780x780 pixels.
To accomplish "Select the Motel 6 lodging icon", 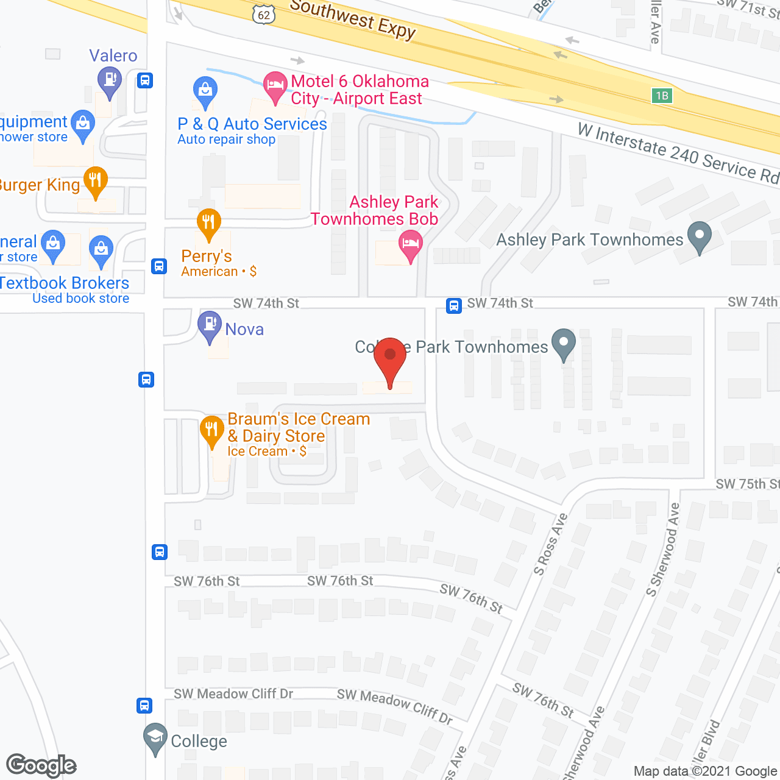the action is [275, 86].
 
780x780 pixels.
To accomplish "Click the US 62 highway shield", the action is [263, 15].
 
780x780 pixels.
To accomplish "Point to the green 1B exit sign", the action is [662, 95].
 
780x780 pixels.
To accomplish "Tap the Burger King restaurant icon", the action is [95, 181].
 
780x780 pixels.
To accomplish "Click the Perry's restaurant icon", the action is [208, 223].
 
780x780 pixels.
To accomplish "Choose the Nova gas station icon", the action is [210, 325].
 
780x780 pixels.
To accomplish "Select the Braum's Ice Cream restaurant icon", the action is [211, 430].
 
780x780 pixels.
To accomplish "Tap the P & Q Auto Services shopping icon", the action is [205, 91].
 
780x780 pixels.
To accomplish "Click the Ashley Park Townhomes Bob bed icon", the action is [411, 244].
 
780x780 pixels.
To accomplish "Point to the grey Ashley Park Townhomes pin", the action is [700, 236].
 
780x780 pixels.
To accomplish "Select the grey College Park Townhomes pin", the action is [564, 343].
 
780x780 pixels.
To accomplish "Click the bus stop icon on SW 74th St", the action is [453, 305].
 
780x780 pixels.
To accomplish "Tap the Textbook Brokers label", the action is [65, 283].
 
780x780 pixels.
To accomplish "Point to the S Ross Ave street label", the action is [550, 544].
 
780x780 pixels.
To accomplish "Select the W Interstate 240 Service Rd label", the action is [678, 153].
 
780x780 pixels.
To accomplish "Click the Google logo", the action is [41, 765].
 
